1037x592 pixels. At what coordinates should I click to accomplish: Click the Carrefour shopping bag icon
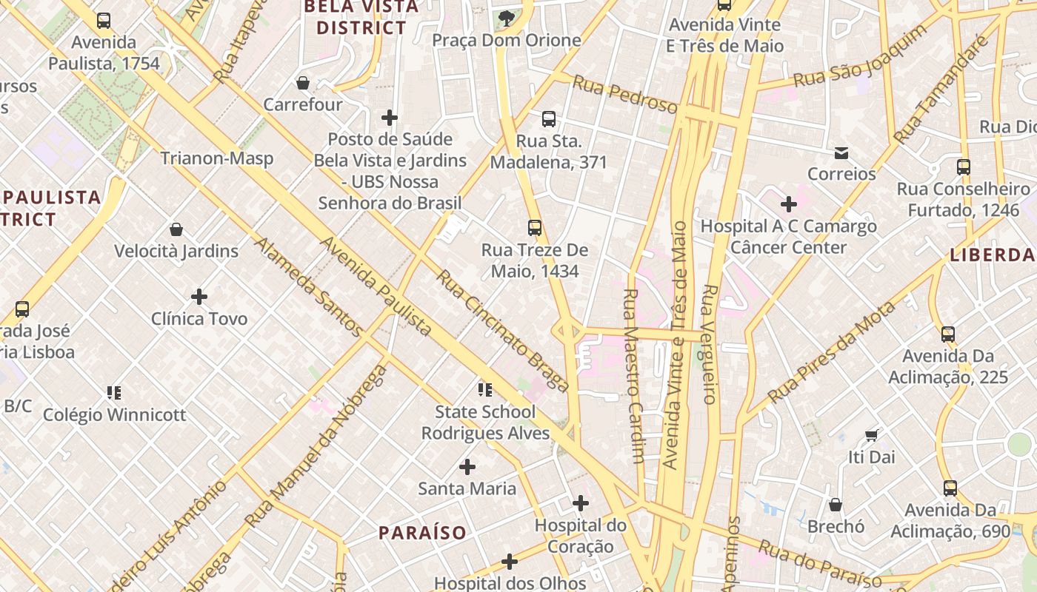pyautogui.click(x=302, y=83)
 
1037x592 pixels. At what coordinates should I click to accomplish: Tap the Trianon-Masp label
pyautogui.click(x=217, y=158)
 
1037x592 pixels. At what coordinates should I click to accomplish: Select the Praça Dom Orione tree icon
pyautogui.click(x=507, y=18)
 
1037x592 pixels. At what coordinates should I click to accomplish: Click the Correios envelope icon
pyautogui.click(x=841, y=152)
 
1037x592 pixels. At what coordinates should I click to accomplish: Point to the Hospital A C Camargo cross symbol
pyautogui.click(x=789, y=203)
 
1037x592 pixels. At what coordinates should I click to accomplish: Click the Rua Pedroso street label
pyautogui.click(x=624, y=97)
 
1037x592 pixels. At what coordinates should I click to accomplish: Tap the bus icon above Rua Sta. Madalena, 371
pyautogui.click(x=549, y=118)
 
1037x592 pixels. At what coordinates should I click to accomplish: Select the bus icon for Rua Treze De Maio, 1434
pyautogui.click(x=535, y=228)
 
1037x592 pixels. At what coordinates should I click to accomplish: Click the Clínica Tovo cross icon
pyautogui.click(x=199, y=297)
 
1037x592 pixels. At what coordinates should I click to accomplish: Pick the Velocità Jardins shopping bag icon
pyautogui.click(x=176, y=229)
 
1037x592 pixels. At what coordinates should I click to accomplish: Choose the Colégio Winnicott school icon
pyautogui.click(x=114, y=393)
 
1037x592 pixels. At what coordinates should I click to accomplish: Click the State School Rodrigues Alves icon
pyautogui.click(x=485, y=390)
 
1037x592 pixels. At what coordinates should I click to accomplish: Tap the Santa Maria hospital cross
pyautogui.click(x=467, y=467)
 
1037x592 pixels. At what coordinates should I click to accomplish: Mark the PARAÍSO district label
pyautogui.click(x=422, y=533)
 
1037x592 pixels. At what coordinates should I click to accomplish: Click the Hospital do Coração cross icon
pyautogui.click(x=581, y=504)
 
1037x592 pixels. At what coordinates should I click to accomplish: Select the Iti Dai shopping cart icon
pyautogui.click(x=872, y=435)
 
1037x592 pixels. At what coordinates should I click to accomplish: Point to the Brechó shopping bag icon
pyautogui.click(x=836, y=505)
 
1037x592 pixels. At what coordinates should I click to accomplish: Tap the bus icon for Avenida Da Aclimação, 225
pyautogui.click(x=948, y=334)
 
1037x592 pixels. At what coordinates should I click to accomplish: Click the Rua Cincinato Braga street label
pyautogui.click(x=502, y=330)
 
